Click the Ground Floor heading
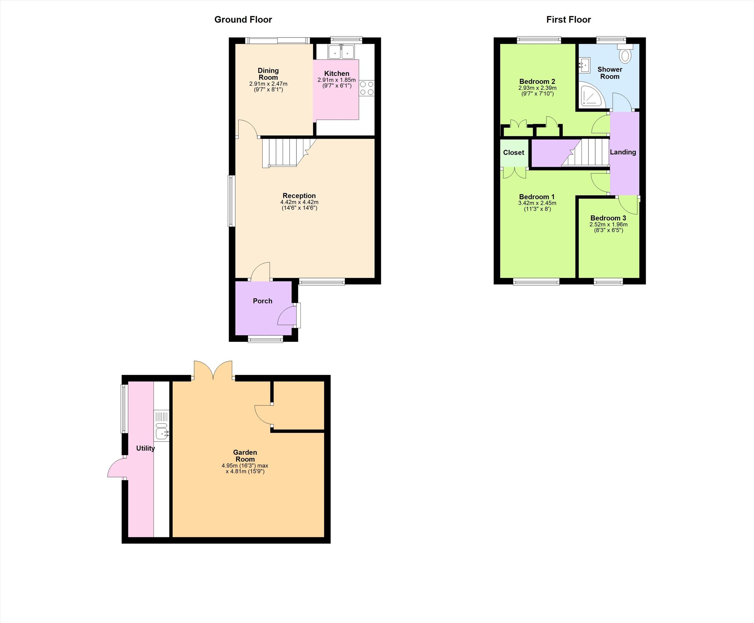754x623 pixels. (243, 20)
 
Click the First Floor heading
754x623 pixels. (569, 20)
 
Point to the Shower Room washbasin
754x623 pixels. (585, 65)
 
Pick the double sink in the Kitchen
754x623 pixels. (341, 52)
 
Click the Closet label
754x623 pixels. (514, 152)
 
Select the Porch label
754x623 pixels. (262, 301)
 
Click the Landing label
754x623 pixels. (623, 152)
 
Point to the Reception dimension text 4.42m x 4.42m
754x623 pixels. (299, 202)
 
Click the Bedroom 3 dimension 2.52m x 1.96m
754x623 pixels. (608, 225)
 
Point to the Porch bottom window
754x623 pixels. (266, 339)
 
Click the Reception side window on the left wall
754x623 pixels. (232, 201)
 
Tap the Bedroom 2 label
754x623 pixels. (537, 82)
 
